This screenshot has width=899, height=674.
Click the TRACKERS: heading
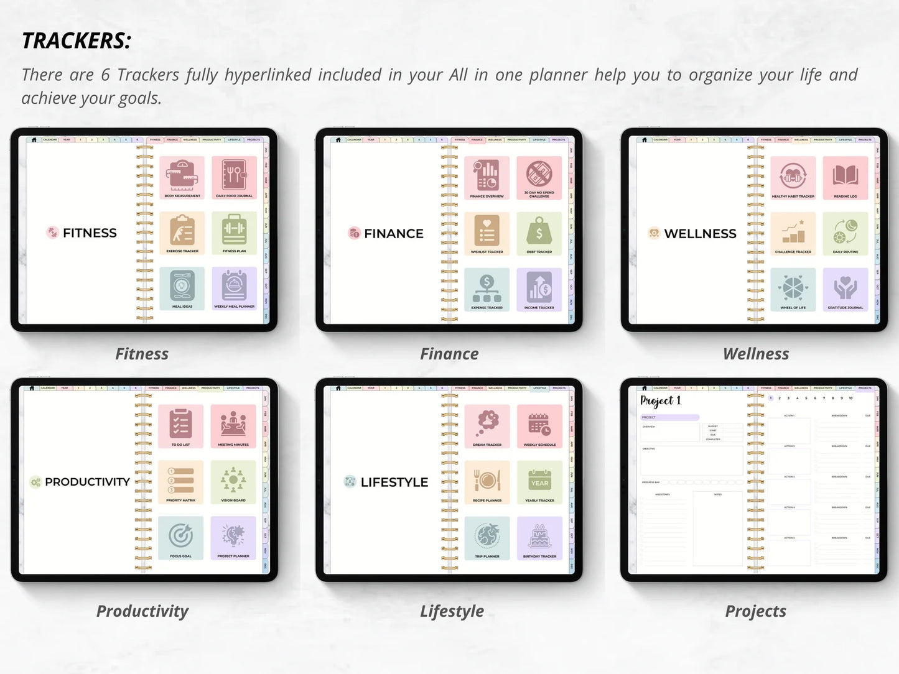pos(77,41)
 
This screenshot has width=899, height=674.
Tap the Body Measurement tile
pos(182,178)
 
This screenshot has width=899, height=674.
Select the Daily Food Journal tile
pos(234,178)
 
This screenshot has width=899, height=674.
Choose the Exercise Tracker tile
pos(182,233)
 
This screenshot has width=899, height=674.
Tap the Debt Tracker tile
pos(539,234)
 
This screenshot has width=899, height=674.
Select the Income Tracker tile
pos(539,290)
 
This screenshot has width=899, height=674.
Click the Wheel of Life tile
pos(793,290)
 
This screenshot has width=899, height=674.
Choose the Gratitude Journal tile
pos(845,290)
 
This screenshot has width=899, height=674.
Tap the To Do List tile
pos(180,427)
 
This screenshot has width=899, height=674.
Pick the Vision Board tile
pos(233,482)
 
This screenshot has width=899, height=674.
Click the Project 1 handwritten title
pos(661,401)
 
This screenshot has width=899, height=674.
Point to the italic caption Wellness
pos(755,354)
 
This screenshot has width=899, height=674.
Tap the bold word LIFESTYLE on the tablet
pos(394,482)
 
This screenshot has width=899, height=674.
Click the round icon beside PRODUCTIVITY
pos(35,482)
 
